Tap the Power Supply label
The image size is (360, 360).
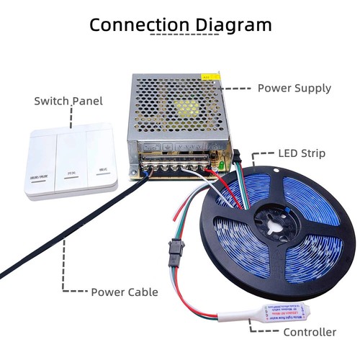click(x=294, y=89)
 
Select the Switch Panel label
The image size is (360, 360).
click(x=68, y=101)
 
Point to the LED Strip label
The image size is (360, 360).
click(x=302, y=154)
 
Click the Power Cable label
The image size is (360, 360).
click(x=125, y=292)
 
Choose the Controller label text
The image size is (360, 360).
click(x=310, y=332)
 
